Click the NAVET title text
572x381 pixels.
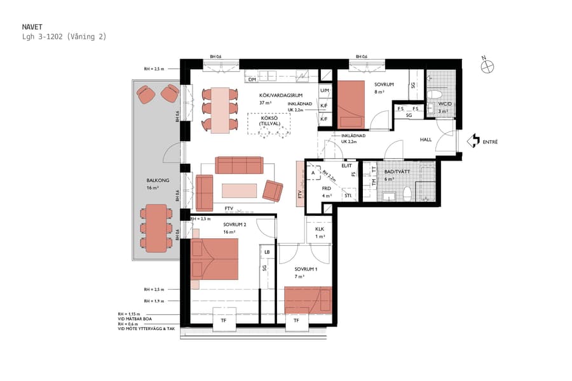[x=32, y=27]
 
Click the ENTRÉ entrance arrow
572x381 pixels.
[x=473, y=141]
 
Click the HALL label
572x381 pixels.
[x=426, y=140]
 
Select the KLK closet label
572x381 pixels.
[x=320, y=229]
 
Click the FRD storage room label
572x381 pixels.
[x=327, y=189]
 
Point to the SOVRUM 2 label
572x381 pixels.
[x=235, y=225]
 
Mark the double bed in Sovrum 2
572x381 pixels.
[x=215, y=259]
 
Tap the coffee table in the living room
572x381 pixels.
[x=239, y=190]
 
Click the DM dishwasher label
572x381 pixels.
[x=252, y=79]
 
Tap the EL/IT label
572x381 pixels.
[x=346, y=166]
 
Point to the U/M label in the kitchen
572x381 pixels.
[x=324, y=91]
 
